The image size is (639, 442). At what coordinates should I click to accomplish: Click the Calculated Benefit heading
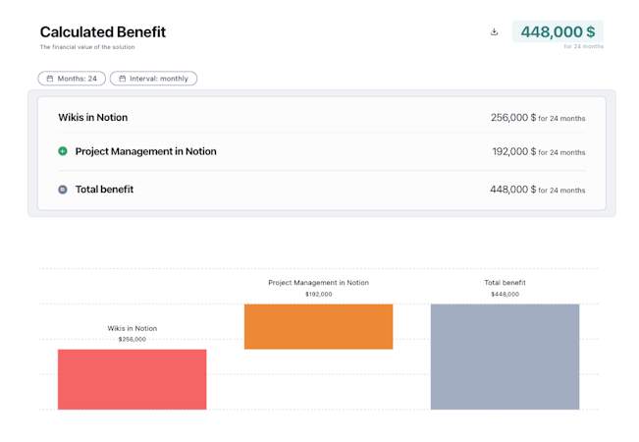(103, 32)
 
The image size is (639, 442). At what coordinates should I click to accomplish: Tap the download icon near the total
(494, 31)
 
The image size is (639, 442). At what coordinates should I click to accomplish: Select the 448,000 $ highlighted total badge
(558, 31)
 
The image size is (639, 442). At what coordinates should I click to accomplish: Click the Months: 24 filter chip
(72, 79)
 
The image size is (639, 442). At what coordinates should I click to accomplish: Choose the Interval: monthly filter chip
(153, 79)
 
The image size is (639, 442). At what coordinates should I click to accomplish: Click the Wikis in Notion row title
(92, 118)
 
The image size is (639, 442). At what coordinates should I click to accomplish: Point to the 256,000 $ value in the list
(513, 118)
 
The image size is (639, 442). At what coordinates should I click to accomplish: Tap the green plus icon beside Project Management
(63, 151)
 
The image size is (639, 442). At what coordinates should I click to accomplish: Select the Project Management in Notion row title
(145, 151)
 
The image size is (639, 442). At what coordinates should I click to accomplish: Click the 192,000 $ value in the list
(514, 152)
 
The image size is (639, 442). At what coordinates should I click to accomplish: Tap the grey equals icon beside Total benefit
(63, 190)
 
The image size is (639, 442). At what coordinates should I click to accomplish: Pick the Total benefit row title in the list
(104, 190)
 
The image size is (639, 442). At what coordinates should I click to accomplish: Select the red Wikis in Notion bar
(132, 379)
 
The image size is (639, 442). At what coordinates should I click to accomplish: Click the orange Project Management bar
(318, 326)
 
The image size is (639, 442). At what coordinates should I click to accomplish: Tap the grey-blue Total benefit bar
(505, 356)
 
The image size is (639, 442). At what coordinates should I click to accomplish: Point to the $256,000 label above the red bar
(132, 340)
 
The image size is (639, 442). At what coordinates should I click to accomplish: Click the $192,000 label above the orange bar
(318, 294)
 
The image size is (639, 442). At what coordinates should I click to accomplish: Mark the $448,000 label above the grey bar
(505, 294)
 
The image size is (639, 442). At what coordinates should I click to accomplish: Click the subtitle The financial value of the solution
(87, 47)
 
